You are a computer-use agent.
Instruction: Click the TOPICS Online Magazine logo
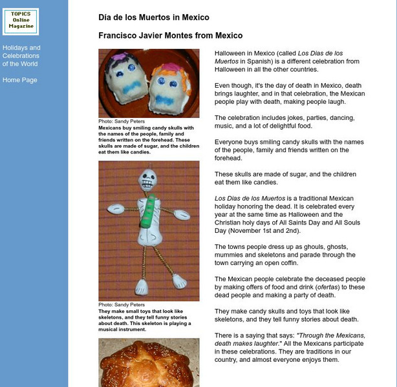pos(21,21)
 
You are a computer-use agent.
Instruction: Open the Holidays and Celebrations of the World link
pos(21,55)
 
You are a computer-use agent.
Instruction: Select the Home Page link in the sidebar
pos(20,80)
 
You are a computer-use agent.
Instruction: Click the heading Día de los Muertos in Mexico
pos(154,17)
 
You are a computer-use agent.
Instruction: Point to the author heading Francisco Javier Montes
pos(171,35)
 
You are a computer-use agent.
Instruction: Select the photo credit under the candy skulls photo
pos(122,121)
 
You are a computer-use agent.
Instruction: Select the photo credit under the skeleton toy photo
pos(122,304)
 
